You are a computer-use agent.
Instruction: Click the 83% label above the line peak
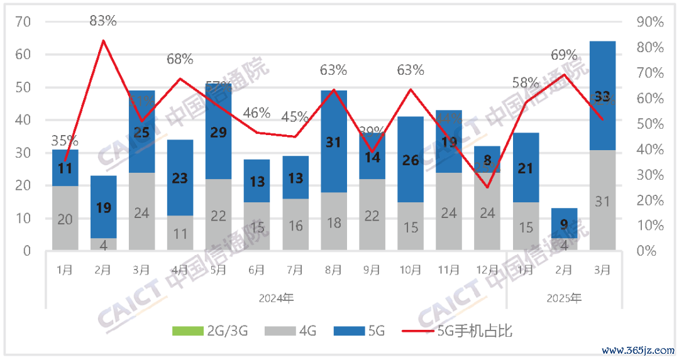[x=103, y=21]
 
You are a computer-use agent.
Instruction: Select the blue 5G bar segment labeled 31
[x=334, y=142]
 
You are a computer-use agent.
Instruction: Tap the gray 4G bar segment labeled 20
[x=65, y=219]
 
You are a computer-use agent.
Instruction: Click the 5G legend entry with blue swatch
[x=358, y=330]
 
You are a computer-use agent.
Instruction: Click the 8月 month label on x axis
[x=334, y=270]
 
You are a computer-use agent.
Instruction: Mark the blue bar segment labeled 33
[x=602, y=95]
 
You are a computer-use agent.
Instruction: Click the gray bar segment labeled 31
[x=602, y=200]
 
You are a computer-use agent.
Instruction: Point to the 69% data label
[x=564, y=55]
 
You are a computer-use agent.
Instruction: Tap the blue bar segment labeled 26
[x=410, y=160]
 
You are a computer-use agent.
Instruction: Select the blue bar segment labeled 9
[x=564, y=222]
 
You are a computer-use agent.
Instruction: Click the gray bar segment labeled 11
[x=180, y=233]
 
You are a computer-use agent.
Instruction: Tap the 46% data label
[x=257, y=113]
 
